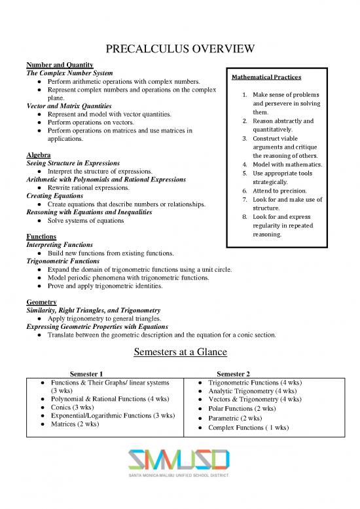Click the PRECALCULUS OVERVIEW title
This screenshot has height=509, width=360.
point(180,50)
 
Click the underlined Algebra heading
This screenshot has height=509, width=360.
point(37,155)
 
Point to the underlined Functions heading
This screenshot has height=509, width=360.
point(41,236)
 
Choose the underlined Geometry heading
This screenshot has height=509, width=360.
point(40,301)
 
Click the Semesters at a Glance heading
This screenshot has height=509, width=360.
point(180,352)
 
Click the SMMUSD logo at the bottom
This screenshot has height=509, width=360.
point(179,462)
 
